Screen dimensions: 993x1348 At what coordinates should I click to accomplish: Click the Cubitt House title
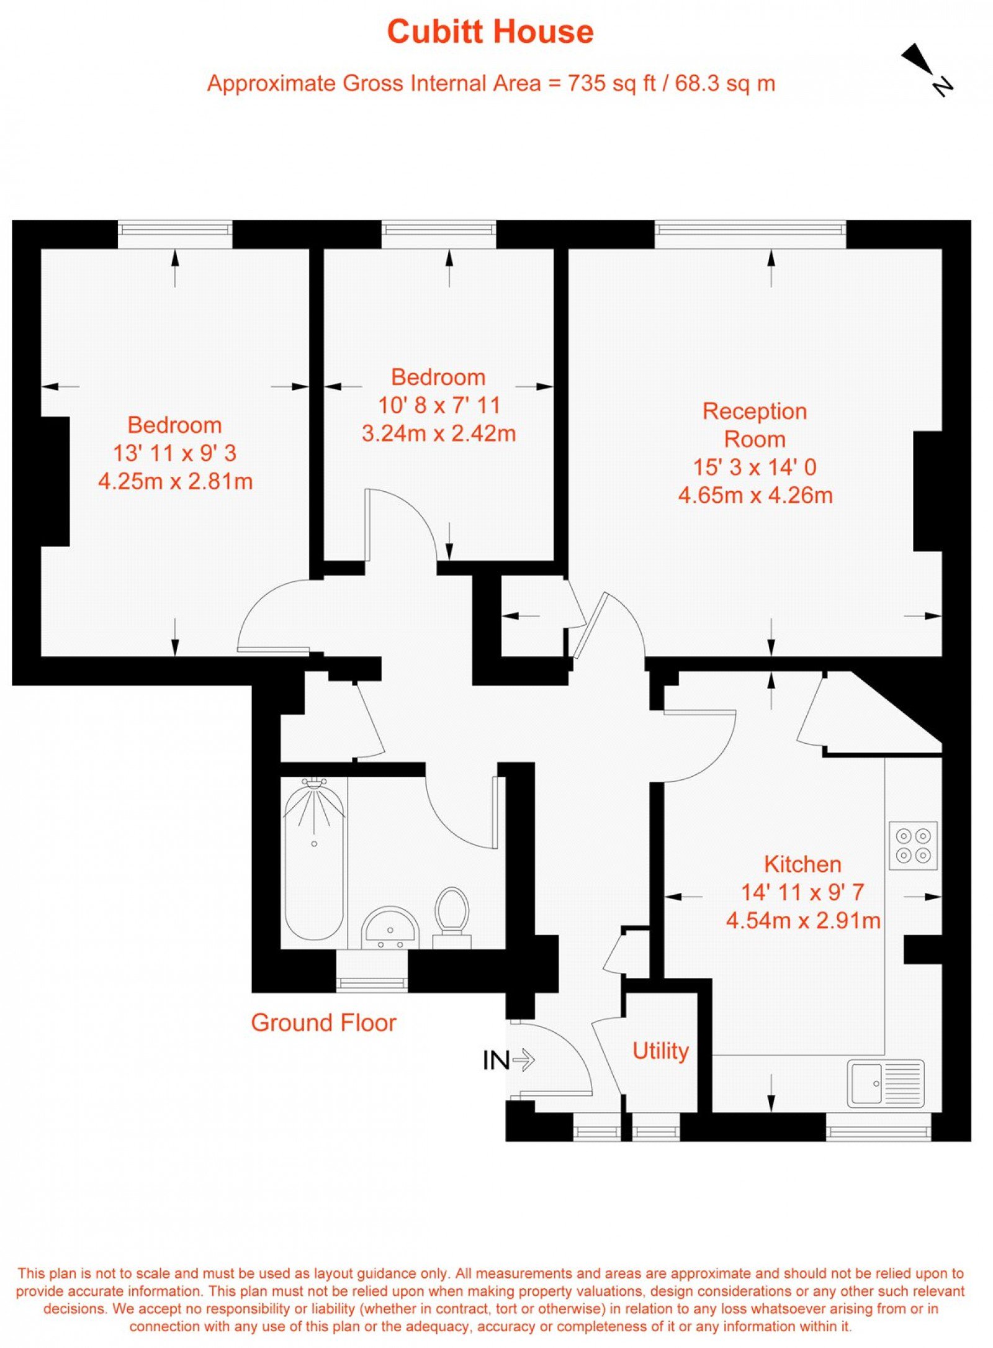pos(490,32)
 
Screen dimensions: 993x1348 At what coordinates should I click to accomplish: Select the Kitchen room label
pos(802,864)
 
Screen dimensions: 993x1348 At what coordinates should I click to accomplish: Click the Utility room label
pos(660,1051)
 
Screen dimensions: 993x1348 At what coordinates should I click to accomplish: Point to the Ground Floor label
pos(323,1023)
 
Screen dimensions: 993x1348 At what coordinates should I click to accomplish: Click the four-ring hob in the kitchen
pos(913,846)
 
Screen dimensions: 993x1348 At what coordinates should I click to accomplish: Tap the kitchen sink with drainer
pos(886,1083)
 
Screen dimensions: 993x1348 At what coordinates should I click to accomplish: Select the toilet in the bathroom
pos(452,918)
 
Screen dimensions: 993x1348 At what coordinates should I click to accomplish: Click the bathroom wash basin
pos(390,928)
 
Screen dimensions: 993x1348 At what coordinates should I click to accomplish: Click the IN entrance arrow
pos(509,1060)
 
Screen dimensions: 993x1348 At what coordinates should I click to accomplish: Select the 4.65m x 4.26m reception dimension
pos(755,495)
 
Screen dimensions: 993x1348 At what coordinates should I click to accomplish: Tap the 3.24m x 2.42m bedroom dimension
pos(439,433)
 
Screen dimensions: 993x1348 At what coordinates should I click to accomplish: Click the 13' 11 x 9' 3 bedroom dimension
pos(174,453)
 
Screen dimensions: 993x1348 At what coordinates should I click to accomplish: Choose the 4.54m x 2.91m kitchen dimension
pos(803,920)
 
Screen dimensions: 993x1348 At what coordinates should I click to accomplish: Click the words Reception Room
pos(755,425)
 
